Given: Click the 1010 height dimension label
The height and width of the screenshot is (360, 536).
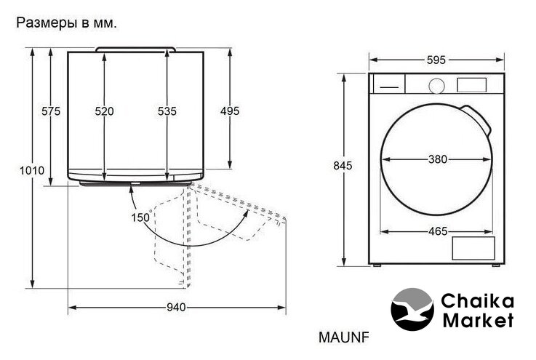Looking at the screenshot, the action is (x=32, y=170).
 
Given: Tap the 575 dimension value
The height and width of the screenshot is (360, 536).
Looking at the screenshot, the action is (x=51, y=111).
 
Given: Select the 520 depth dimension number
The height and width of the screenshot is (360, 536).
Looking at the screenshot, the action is (x=104, y=111).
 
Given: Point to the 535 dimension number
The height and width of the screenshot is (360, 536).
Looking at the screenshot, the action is (x=167, y=111).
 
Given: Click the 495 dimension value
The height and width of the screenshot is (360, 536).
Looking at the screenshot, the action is (x=230, y=111).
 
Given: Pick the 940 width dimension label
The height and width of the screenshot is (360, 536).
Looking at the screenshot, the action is (x=177, y=308).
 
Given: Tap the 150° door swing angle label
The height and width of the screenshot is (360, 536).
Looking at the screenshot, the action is (x=141, y=217).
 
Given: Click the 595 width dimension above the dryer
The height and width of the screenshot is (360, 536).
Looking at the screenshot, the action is (x=436, y=60).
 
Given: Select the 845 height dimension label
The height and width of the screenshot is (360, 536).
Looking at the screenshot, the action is (x=343, y=166).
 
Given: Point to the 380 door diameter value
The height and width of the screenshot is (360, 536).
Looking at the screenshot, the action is (x=438, y=159).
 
